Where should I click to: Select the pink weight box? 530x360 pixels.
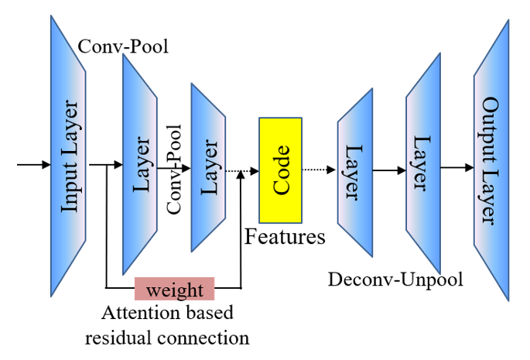[x=174, y=290]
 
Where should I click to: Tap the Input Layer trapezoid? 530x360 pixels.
[x=69, y=155]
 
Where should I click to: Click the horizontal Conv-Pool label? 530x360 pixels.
[x=124, y=47]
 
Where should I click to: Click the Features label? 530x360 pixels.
[x=285, y=237]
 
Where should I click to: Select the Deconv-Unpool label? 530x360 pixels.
[x=395, y=279]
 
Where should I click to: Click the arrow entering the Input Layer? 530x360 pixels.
[x=32, y=164]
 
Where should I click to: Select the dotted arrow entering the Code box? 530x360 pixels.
[x=241, y=170]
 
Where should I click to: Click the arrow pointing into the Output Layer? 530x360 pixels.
[x=460, y=166]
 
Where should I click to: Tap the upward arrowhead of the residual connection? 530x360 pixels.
[x=242, y=177]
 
